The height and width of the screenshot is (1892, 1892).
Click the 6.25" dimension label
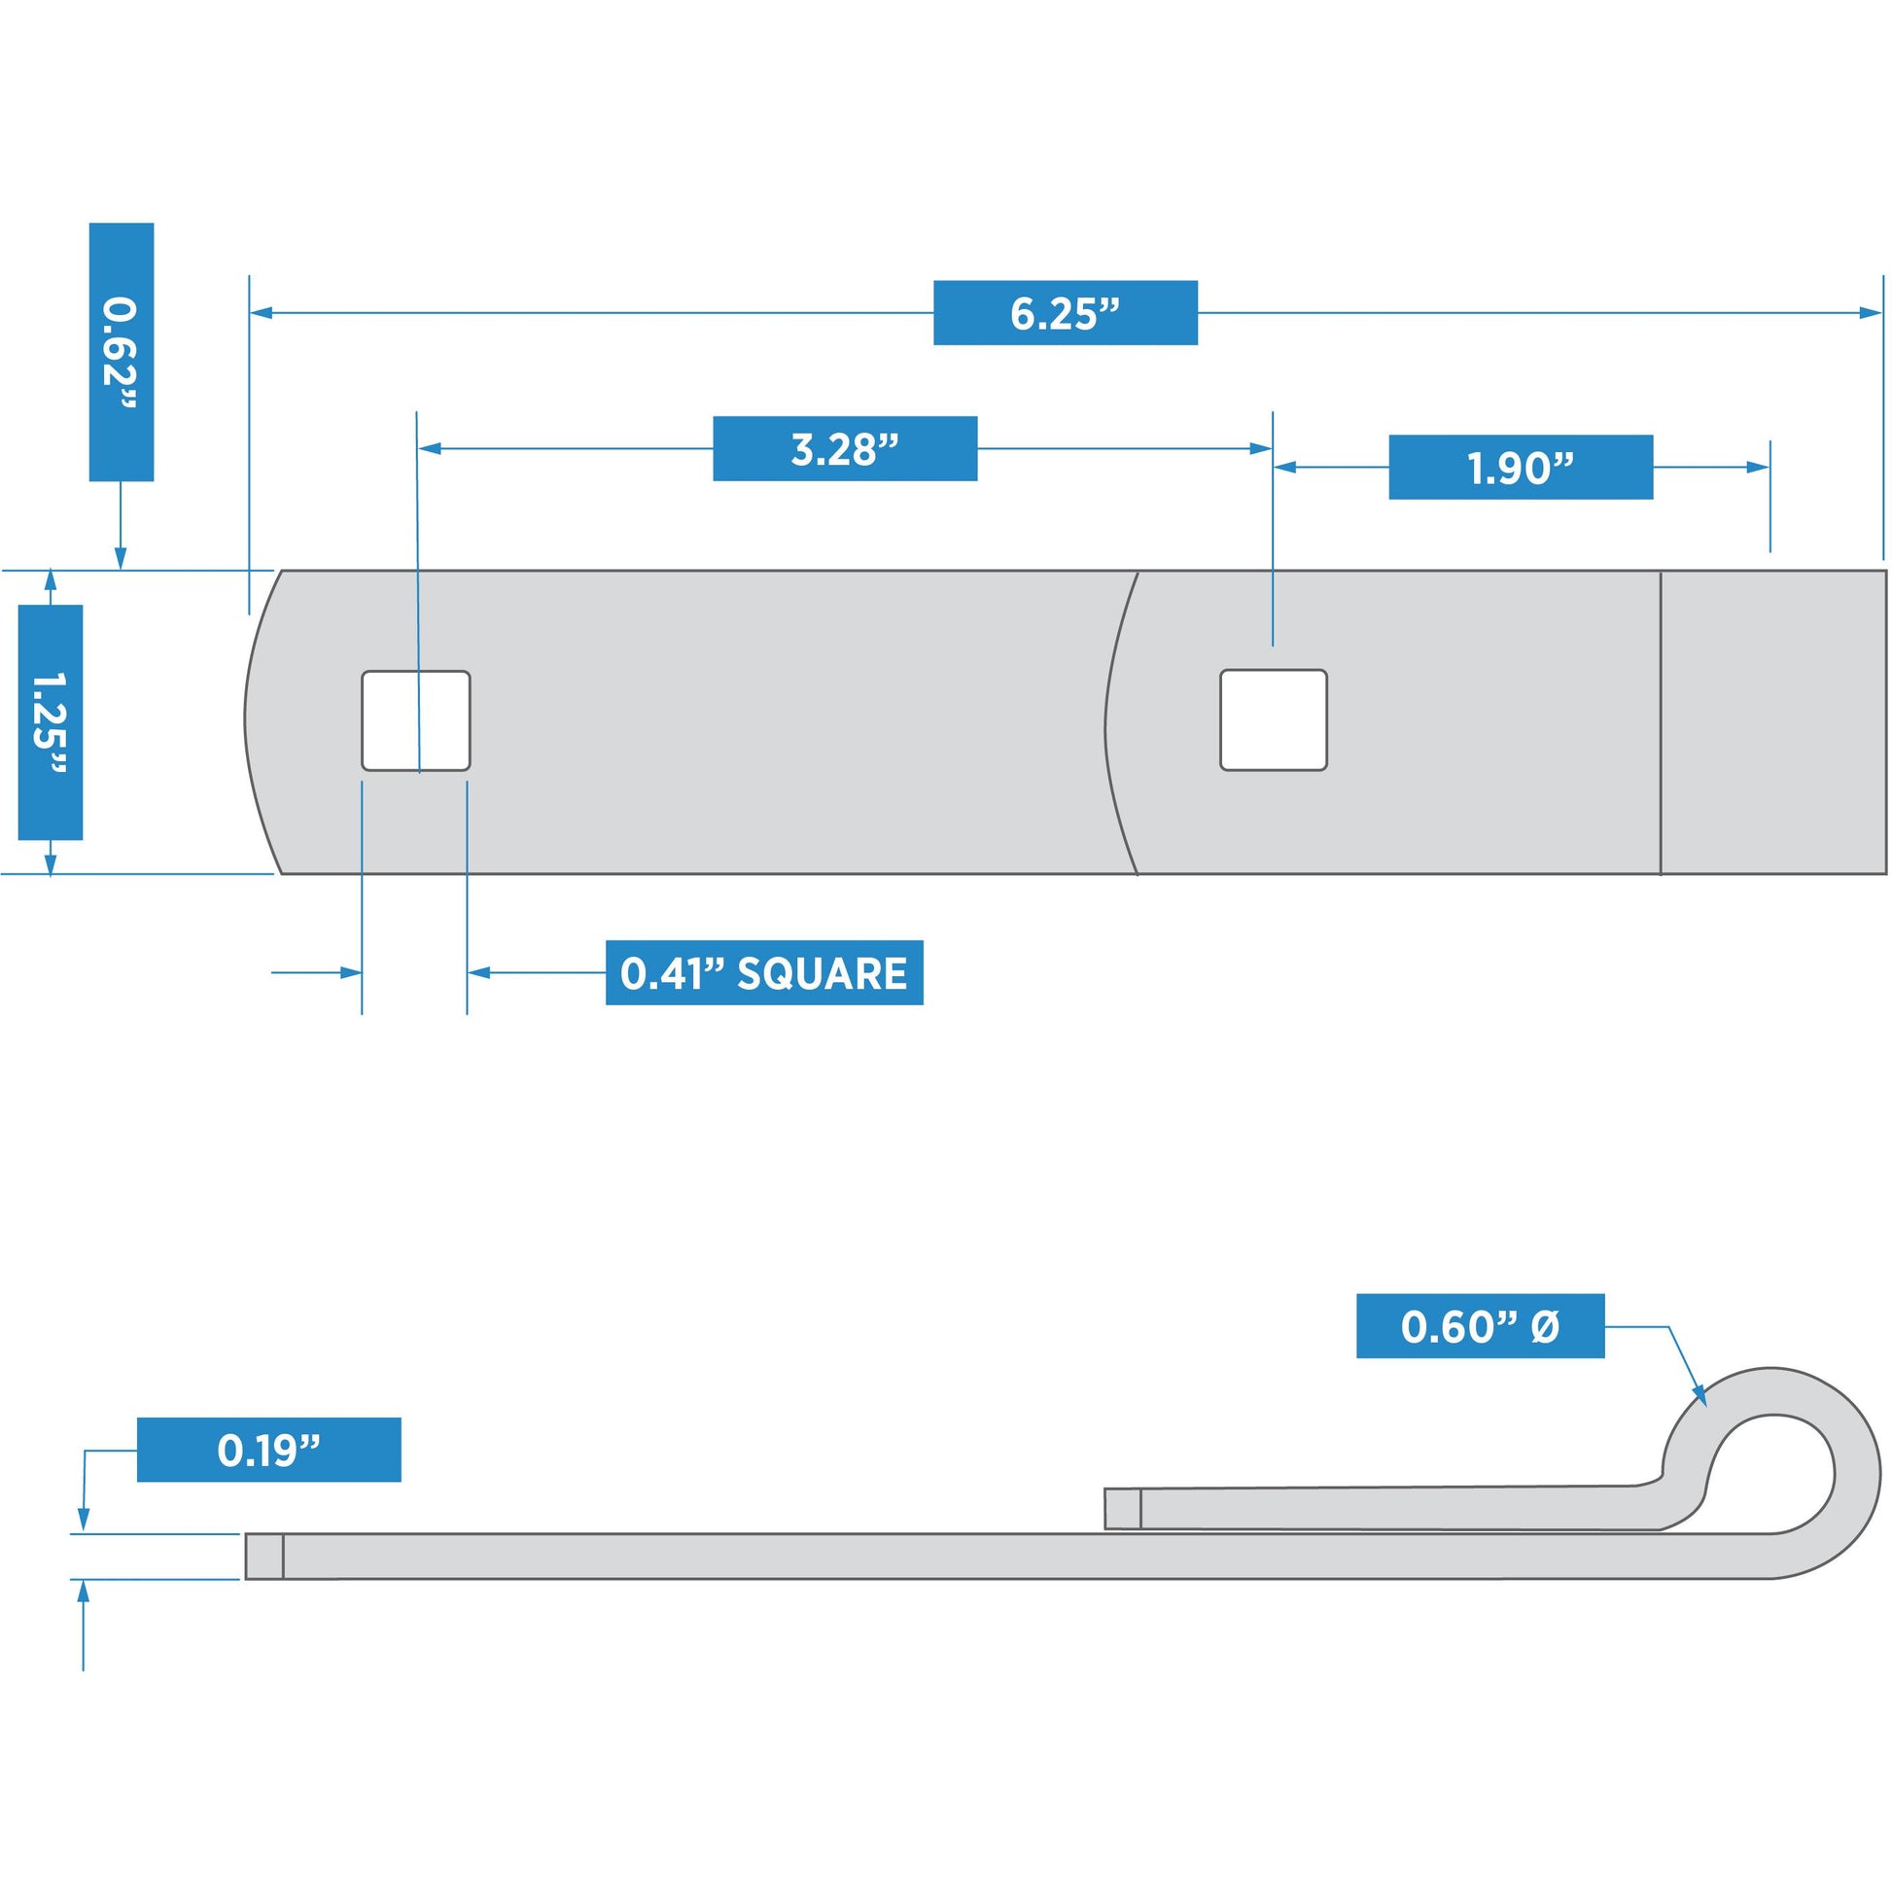(x=1065, y=312)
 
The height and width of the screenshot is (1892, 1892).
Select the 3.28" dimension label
(x=844, y=448)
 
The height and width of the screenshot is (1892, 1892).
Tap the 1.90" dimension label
(x=1520, y=467)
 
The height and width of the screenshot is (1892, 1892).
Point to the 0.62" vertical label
(x=121, y=352)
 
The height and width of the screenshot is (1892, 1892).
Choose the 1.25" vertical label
(x=50, y=721)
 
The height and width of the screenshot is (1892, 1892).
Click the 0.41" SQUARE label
(x=764, y=972)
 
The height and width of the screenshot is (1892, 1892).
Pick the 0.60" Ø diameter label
(x=1480, y=1326)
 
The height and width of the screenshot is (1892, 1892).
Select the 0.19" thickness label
(x=268, y=1450)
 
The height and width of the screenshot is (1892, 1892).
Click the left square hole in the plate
(x=415, y=719)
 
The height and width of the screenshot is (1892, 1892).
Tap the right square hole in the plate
(x=1273, y=718)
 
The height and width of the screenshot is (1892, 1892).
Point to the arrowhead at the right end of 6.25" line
(x=1870, y=313)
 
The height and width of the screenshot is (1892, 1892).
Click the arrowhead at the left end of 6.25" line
(x=262, y=312)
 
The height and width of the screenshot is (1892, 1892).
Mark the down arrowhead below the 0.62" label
(x=121, y=557)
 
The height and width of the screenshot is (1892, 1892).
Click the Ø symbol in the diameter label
(x=1544, y=1327)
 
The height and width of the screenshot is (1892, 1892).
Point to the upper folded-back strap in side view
(x=1390, y=1508)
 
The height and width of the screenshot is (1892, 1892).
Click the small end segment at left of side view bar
(x=263, y=1557)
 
